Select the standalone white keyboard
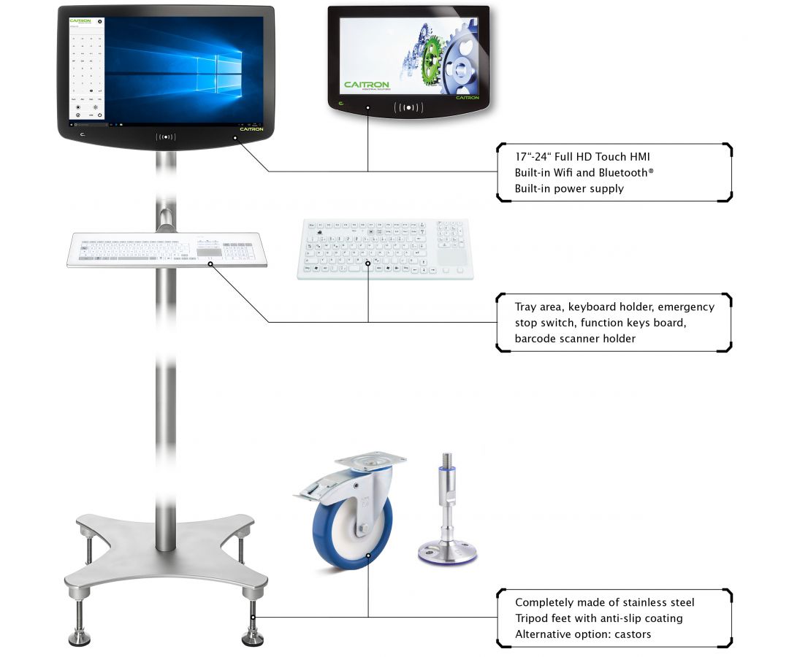tap(385, 249)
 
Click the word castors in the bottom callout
tap(630, 634)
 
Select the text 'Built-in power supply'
tap(569, 189)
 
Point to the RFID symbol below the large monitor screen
tap(166, 136)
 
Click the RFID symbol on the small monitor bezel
tap(408, 108)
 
